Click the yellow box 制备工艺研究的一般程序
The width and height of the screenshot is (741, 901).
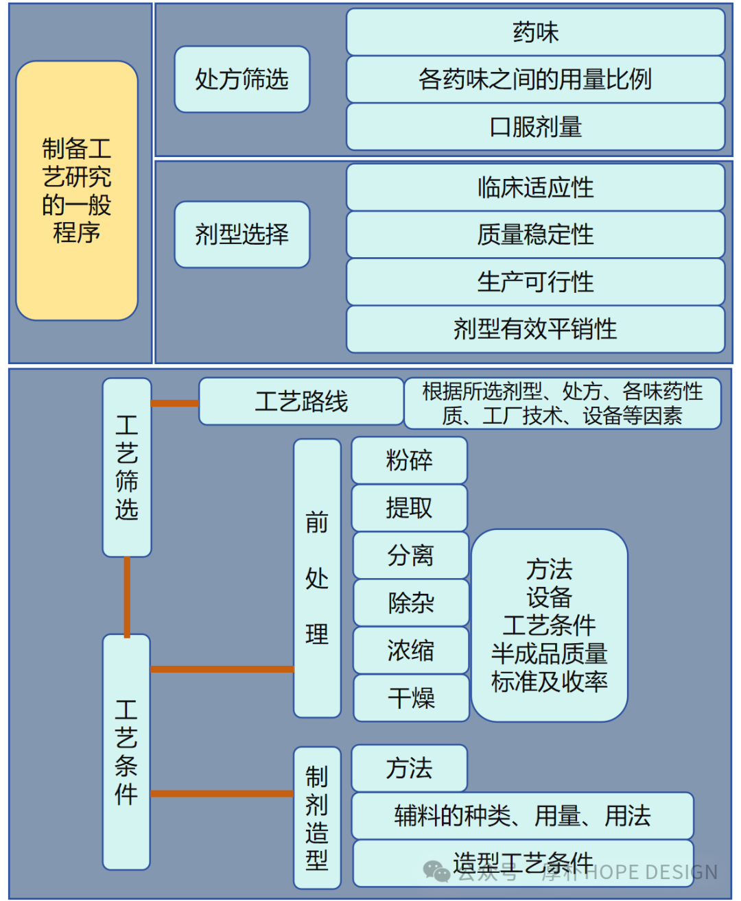[x=77, y=191]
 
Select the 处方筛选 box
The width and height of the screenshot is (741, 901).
[x=242, y=80]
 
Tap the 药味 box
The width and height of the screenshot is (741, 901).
[x=535, y=32]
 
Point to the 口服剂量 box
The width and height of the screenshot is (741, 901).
[x=535, y=127]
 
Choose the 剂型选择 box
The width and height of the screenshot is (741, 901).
[x=242, y=235]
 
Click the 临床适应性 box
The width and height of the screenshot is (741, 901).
[x=535, y=187]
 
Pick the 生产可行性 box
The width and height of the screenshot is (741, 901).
[x=535, y=282]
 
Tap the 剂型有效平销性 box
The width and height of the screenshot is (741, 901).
[x=535, y=329]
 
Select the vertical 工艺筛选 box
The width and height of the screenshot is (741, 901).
[x=127, y=468]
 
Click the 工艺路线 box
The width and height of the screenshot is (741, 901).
[x=301, y=402]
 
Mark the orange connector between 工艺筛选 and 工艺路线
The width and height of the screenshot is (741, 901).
[x=174, y=403]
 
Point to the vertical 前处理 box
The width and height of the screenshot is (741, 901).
[x=317, y=579]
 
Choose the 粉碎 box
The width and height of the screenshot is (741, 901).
[x=410, y=460]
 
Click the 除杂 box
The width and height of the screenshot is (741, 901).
[x=411, y=603]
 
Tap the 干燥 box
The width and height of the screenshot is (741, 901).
[x=411, y=698]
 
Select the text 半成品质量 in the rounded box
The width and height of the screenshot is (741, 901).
[x=549, y=653]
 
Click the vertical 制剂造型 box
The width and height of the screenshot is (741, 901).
[x=317, y=817]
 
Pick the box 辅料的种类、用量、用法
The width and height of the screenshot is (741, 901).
[x=522, y=816]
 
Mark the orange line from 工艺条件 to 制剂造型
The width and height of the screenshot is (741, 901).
[x=222, y=793]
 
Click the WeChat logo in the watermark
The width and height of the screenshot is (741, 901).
[x=436, y=871]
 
